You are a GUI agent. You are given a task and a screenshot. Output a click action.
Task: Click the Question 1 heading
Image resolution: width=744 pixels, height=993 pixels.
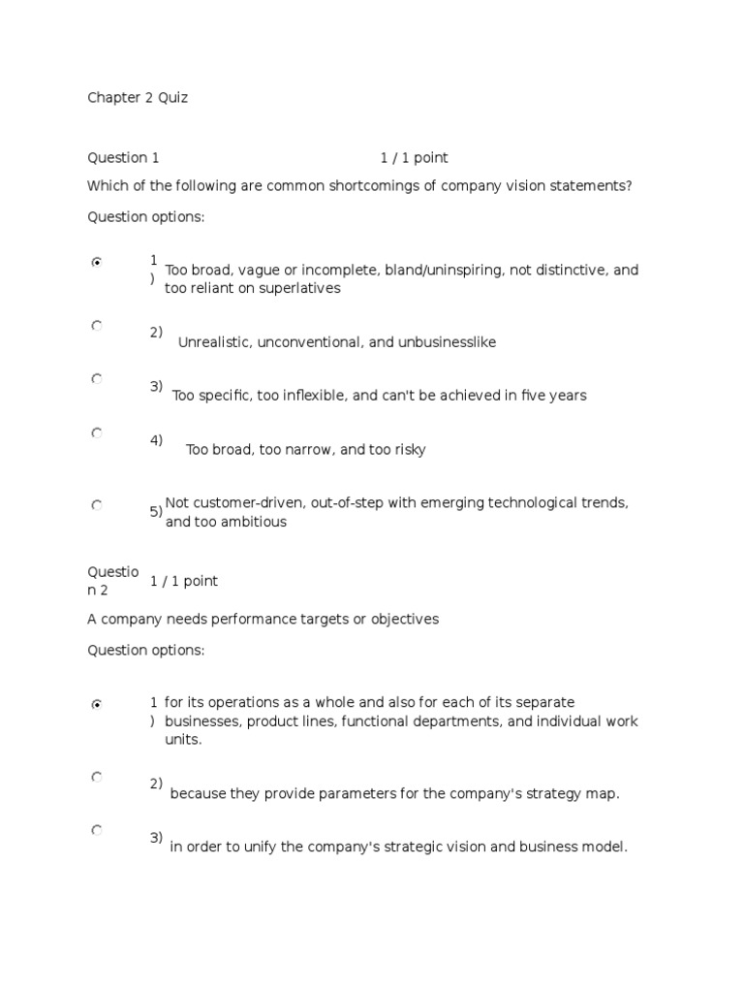(x=123, y=158)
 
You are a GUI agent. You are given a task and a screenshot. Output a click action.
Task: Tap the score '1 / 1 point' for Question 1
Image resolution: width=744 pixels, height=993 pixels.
(x=414, y=158)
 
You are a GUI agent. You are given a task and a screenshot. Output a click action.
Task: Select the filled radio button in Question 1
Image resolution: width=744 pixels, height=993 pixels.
(x=97, y=262)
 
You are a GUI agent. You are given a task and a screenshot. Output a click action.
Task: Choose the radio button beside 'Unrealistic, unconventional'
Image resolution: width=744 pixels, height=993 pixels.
(x=97, y=327)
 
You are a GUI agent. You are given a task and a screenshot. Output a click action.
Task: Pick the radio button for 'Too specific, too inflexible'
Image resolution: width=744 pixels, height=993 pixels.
(x=97, y=379)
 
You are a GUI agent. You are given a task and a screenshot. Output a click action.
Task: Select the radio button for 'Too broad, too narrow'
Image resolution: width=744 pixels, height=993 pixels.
(x=97, y=433)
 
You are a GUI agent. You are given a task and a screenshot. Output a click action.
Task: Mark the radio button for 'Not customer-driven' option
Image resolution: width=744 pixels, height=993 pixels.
(x=97, y=505)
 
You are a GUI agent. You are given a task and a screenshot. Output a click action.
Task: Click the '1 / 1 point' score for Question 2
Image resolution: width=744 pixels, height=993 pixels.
(x=184, y=581)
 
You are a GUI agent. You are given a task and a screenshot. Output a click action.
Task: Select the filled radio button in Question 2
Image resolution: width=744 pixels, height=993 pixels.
(x=97, y=705)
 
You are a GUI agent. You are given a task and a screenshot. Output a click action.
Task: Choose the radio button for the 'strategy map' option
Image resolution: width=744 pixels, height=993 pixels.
(x=97, y=777)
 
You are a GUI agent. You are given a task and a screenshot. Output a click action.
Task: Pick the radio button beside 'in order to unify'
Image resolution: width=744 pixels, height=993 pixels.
(x=97, y=830)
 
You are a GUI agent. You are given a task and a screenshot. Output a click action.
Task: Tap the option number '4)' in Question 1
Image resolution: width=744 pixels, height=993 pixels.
(x=156, y=440)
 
